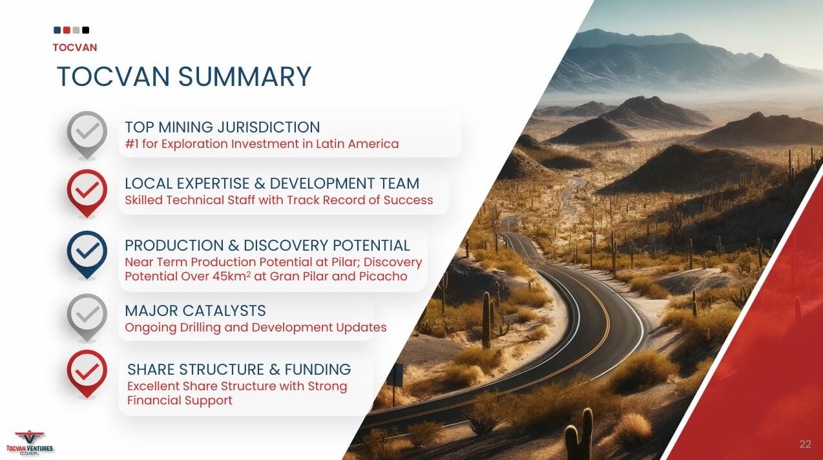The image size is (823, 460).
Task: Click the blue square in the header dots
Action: pos(57,30)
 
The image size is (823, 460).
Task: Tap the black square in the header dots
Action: pos(86,30)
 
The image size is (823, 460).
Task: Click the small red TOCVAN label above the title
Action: pos(75,47)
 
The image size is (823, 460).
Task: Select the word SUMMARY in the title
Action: pos(245,76)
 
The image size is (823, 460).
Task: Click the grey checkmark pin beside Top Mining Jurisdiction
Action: pos(87,135)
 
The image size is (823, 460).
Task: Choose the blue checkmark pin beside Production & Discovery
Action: pos(87,255)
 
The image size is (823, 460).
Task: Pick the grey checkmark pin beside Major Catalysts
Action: pos(87,317)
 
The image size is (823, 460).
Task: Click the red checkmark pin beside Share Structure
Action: pos(87,373)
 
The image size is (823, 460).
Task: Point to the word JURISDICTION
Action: pos(269,127)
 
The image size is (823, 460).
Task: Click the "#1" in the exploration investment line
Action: pos(132,143)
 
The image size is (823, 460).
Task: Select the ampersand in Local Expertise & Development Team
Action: pos(260,183)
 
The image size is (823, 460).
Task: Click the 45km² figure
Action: pos(231,276)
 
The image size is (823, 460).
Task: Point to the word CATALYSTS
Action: pos(224,311)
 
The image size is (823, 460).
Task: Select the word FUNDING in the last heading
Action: pos(318,370)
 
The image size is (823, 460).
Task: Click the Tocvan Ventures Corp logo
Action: pos(30,443)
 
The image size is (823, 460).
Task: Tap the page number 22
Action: pos(805,444)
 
